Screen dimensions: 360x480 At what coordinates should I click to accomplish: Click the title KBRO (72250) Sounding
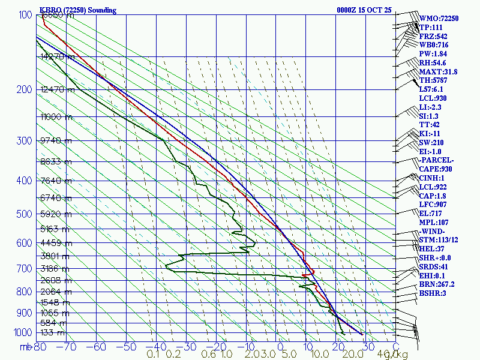point(78,10)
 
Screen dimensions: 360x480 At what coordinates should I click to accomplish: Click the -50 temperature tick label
point(127,346)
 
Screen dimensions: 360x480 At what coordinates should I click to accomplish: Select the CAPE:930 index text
point(437,169)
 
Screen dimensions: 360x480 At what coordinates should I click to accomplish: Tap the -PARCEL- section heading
point(437,160)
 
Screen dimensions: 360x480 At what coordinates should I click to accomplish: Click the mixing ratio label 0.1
point(153,355)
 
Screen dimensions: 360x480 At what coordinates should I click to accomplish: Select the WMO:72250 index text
point(439,19)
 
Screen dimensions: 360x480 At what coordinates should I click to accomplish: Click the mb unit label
point(25,346)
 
